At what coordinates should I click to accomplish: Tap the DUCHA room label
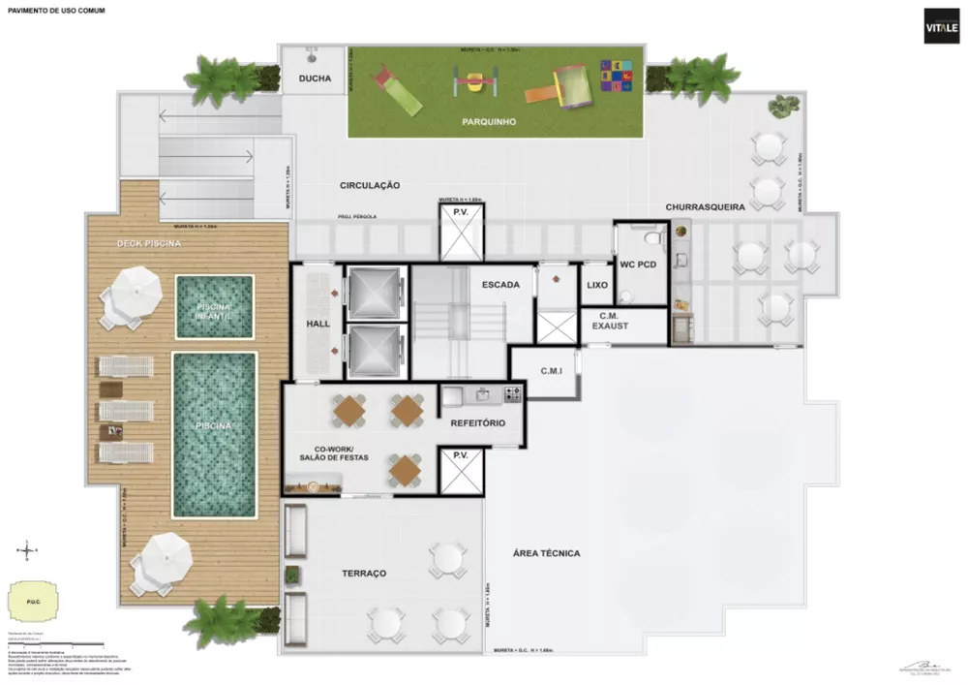point(315,79)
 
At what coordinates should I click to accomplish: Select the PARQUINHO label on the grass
point(489,122)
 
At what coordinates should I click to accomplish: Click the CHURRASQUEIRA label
point(704,207)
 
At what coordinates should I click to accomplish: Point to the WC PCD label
point(640,264)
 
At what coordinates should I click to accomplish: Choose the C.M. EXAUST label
point(611,321)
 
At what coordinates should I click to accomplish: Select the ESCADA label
point(501,285)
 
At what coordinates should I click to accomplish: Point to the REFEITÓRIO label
point(480,422)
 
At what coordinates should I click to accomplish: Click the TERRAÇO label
point(364,574)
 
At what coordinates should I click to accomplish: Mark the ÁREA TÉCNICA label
point(546,553)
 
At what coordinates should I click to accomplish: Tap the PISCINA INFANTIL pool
point(215,307)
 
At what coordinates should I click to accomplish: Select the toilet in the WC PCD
point(653,235)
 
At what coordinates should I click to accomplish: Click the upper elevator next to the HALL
point(374,291)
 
